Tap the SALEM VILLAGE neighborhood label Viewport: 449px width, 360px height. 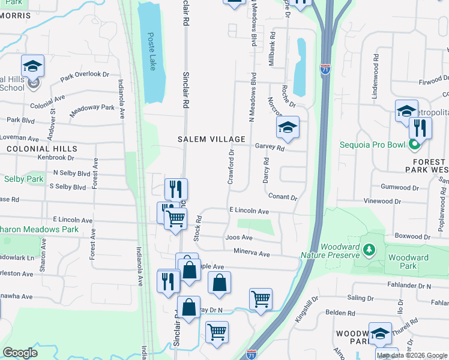pos(211,139)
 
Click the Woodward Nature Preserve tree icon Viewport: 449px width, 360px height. pos(370,248)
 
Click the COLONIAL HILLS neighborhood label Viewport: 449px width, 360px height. pos(41,148)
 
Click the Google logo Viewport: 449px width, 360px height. pos(20,353)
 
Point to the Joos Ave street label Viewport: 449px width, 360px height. pos(239,237)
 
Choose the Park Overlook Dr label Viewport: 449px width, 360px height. pos(85,76)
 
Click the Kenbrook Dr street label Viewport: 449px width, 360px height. pos(55,158)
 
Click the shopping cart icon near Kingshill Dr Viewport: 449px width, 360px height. pos(261,299)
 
